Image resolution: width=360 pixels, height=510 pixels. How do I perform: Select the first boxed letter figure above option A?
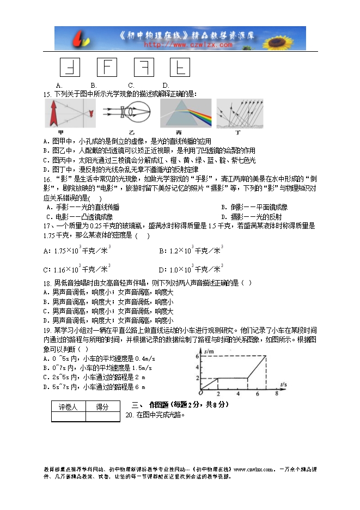69,68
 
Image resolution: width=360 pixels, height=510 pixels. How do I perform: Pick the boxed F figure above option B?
107,68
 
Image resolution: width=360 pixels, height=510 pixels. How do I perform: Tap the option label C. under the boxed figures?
131,85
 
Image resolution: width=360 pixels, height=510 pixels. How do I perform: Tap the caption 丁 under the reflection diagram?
237,132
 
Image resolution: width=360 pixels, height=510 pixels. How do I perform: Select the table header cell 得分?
102,407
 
